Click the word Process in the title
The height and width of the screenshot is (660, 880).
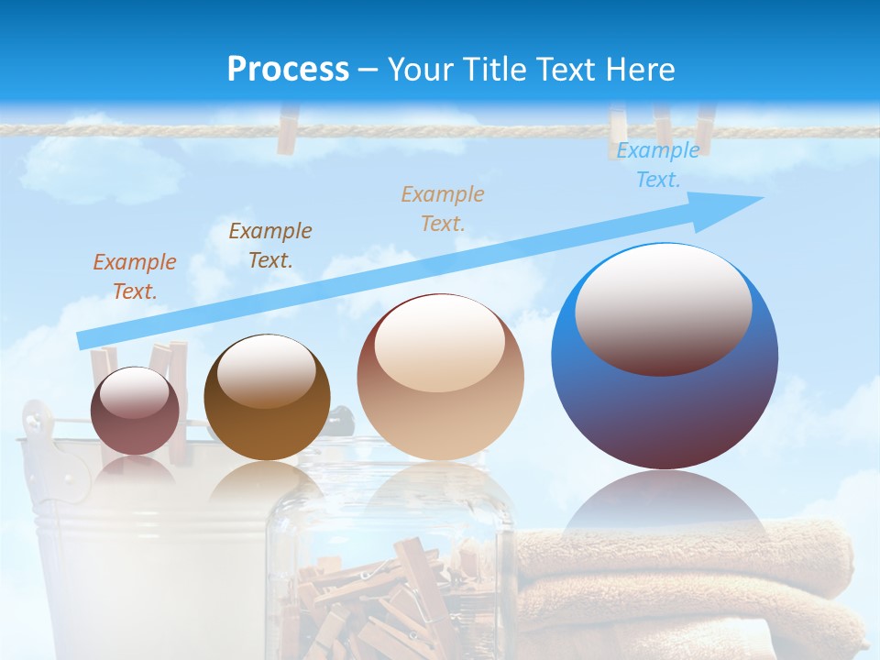[x=288, y=69]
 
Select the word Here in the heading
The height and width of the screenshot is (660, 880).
[x=640, y=69]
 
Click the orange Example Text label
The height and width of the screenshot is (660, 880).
[x=135, y=276]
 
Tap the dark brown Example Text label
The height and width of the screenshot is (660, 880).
[x=270, y=245]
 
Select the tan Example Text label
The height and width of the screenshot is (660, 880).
[x=443, y=208]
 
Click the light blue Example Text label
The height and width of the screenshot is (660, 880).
[x=657, y=165]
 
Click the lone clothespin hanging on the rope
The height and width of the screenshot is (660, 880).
[x=288, y=130]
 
